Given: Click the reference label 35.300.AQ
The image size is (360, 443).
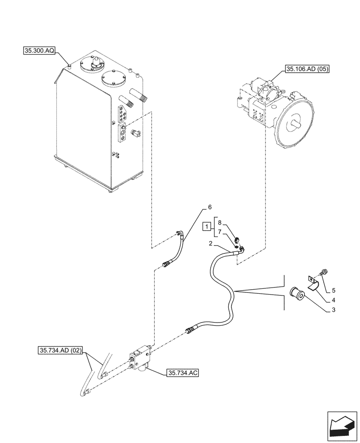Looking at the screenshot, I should coord(39,51).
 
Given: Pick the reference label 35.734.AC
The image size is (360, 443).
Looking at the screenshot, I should coord(182,373).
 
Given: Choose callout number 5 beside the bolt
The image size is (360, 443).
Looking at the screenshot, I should coord(334,291).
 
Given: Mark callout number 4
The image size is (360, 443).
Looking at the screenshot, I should coord(334,300).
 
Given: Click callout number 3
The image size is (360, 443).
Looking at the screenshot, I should coord(334,310).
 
